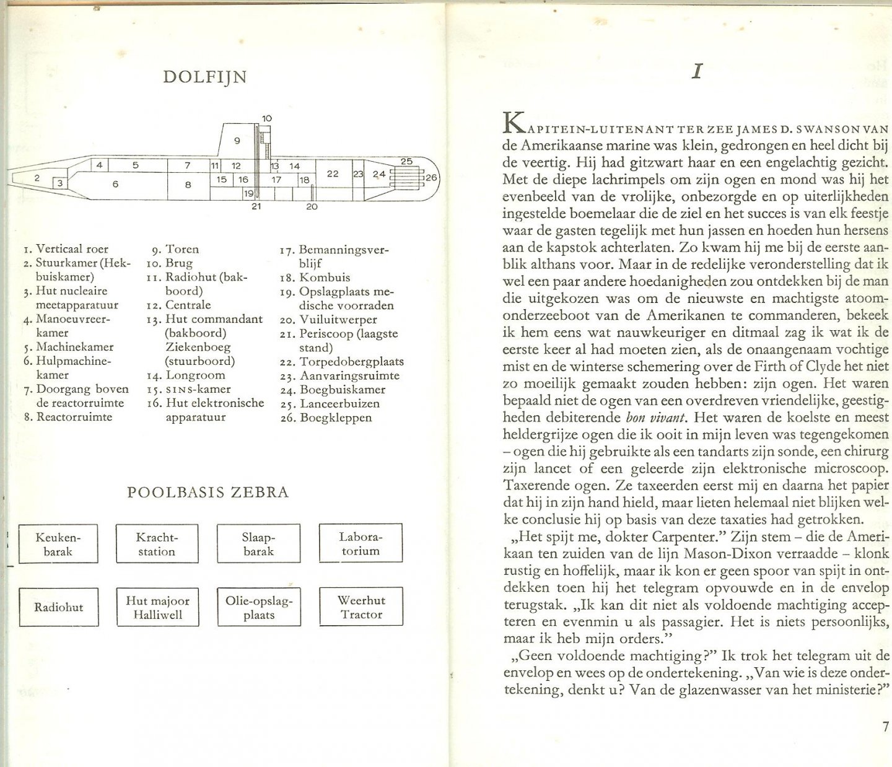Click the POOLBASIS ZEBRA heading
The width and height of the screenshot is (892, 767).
pos(208,493)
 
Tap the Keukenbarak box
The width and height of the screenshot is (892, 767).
pos(58,543)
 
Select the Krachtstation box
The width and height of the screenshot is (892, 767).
pos(156,543)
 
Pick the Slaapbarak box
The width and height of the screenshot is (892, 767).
pos(258,543)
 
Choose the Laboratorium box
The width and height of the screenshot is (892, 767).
pos(360,543)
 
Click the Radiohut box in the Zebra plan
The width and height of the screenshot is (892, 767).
pos(58,607)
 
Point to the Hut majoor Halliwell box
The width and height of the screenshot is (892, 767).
pos(157,607)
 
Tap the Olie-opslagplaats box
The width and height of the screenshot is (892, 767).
pos(258,607)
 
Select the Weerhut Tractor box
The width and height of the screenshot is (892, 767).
pos(361,607)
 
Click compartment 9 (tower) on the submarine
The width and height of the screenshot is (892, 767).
pos(236,141)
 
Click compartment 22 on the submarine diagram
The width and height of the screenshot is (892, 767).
pos(333,174)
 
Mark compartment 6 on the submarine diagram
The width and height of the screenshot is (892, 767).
pos(115,184)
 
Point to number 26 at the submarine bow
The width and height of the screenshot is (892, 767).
pos(431,178)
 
